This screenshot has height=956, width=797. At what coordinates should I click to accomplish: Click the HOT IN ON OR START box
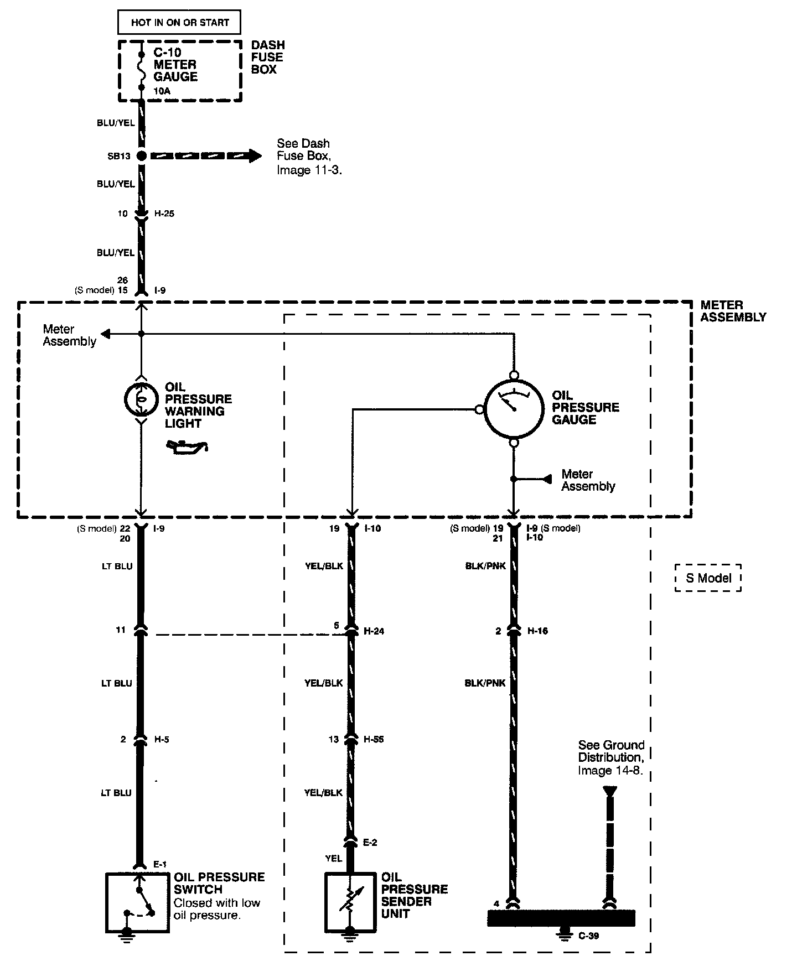[x=180, y=23]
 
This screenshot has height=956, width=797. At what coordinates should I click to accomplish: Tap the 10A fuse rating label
[x=162, y=91]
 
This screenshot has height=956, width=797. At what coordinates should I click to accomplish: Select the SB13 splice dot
[x=142, y=156]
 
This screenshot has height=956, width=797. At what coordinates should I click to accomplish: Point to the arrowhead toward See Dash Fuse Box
[x=255, y=156]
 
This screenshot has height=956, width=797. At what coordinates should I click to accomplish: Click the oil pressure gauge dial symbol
[x=514, y=409]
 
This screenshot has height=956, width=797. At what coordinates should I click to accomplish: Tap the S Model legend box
[x=708, y=578]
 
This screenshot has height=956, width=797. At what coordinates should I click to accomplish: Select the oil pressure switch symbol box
[x=137, y=903]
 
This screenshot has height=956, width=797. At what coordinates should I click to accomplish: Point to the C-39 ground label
[x=588, y=936]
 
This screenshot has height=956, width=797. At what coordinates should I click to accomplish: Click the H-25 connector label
[x=164, y=214]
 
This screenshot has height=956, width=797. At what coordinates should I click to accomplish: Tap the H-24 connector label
[x=374, y=631]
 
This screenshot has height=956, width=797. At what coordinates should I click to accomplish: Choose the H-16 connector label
[x=537, y=631]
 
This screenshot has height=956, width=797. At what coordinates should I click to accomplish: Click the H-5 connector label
[x=162, y=740]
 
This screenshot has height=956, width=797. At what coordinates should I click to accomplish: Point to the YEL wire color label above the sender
[x=334, y=859]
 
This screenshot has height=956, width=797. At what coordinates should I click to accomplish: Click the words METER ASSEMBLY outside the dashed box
[x=733, y=311]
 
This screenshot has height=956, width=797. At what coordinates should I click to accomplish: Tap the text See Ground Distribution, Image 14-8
[x=611, y=758]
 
